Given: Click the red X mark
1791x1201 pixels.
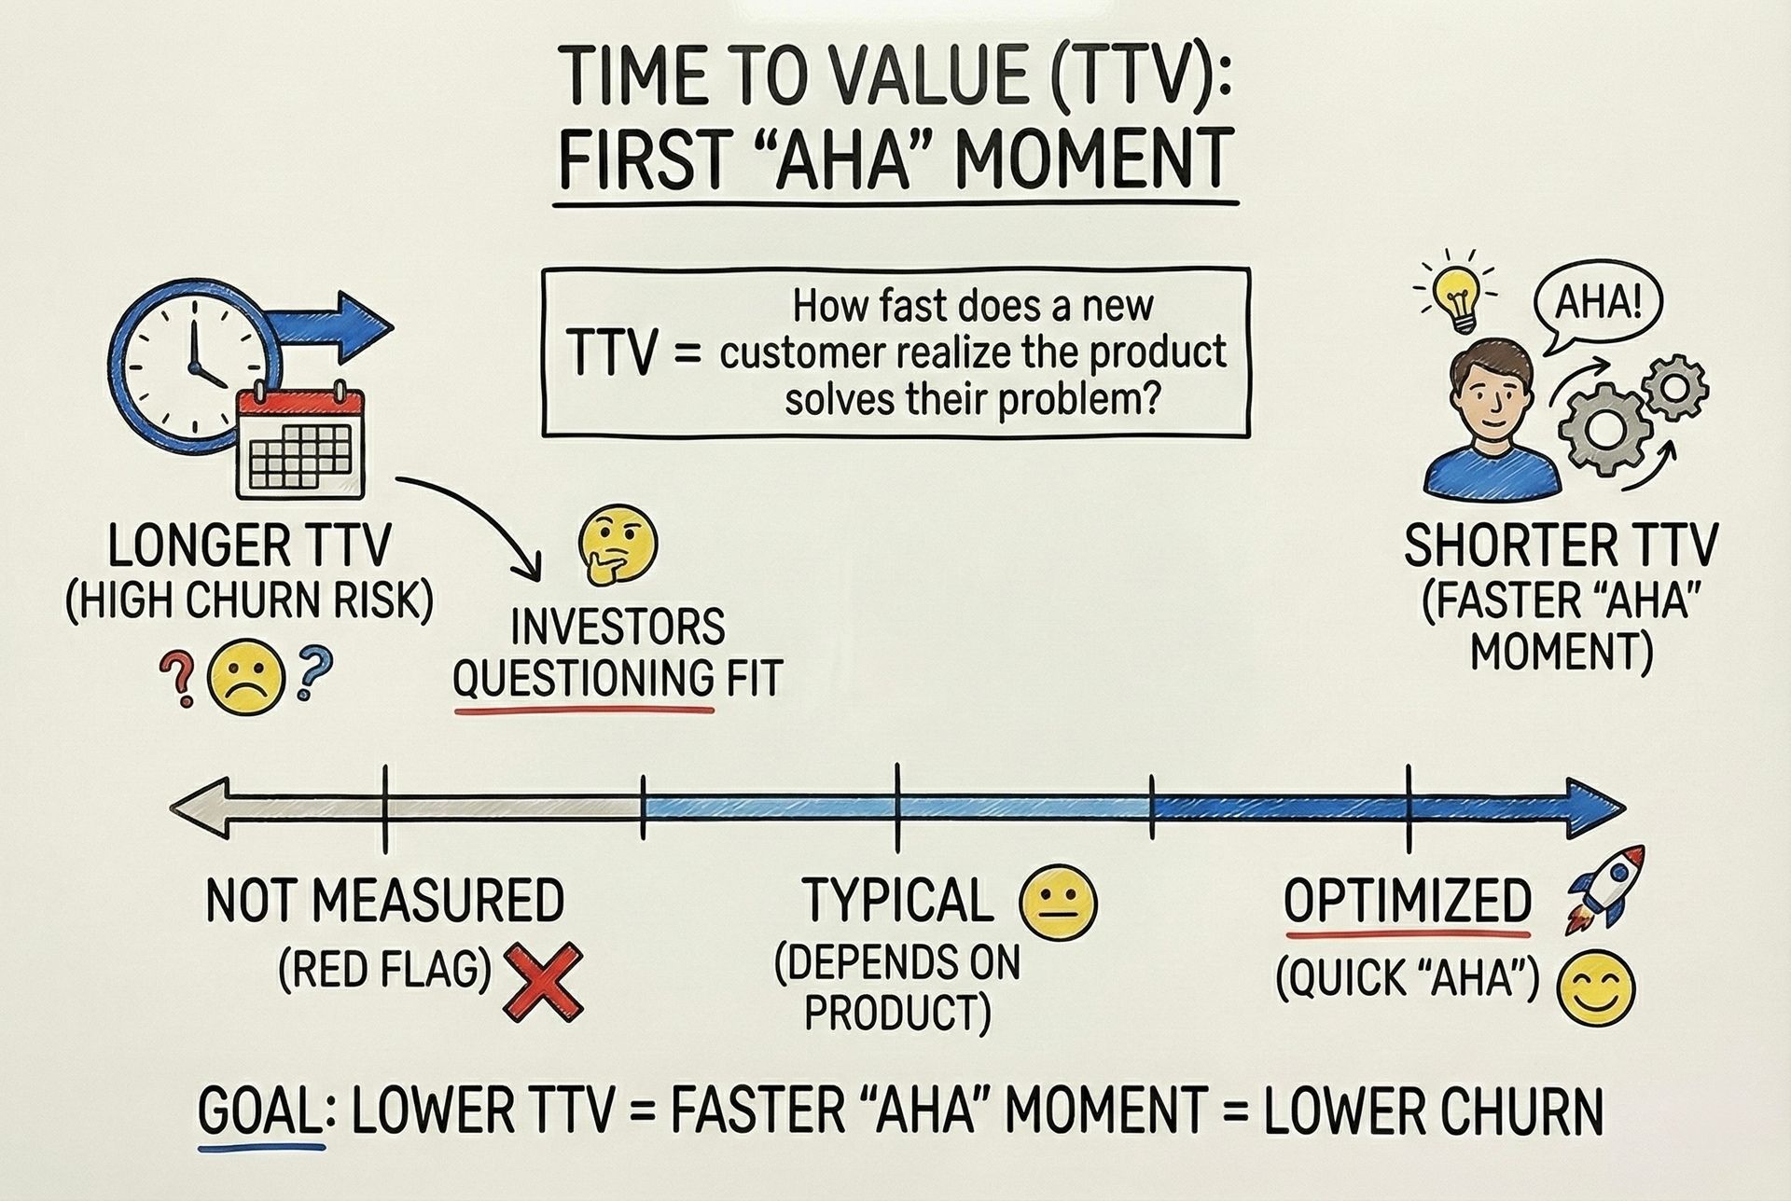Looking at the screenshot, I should (543, 981).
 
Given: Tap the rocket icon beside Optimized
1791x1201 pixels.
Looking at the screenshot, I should (1605, 888).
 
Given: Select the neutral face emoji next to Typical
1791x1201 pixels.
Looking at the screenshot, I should (1059, 903).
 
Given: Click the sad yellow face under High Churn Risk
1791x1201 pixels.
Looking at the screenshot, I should (243, 681).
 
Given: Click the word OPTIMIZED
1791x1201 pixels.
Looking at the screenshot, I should (1408, 901).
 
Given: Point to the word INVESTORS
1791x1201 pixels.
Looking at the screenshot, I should (618, 628).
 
